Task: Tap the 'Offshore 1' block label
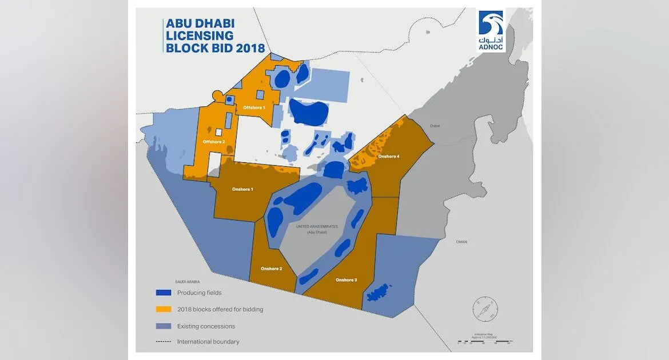tap(254, 107)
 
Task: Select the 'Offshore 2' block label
tap(214, 141)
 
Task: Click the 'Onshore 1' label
tap(242, 189)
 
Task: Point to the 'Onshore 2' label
tap(271, 269)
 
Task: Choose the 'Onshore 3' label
tap(346, 280)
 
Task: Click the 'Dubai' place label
tap(435, 126)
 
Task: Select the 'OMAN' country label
tap(461, 242)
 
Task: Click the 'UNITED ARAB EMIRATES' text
tap(317, 226)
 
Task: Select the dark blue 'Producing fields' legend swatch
tap(164, 293)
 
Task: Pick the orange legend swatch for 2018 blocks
tap(164, 309)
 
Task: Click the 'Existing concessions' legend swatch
tap(164, 326)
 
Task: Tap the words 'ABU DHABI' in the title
tap(200, 24)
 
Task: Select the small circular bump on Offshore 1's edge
tap(217, 94)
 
